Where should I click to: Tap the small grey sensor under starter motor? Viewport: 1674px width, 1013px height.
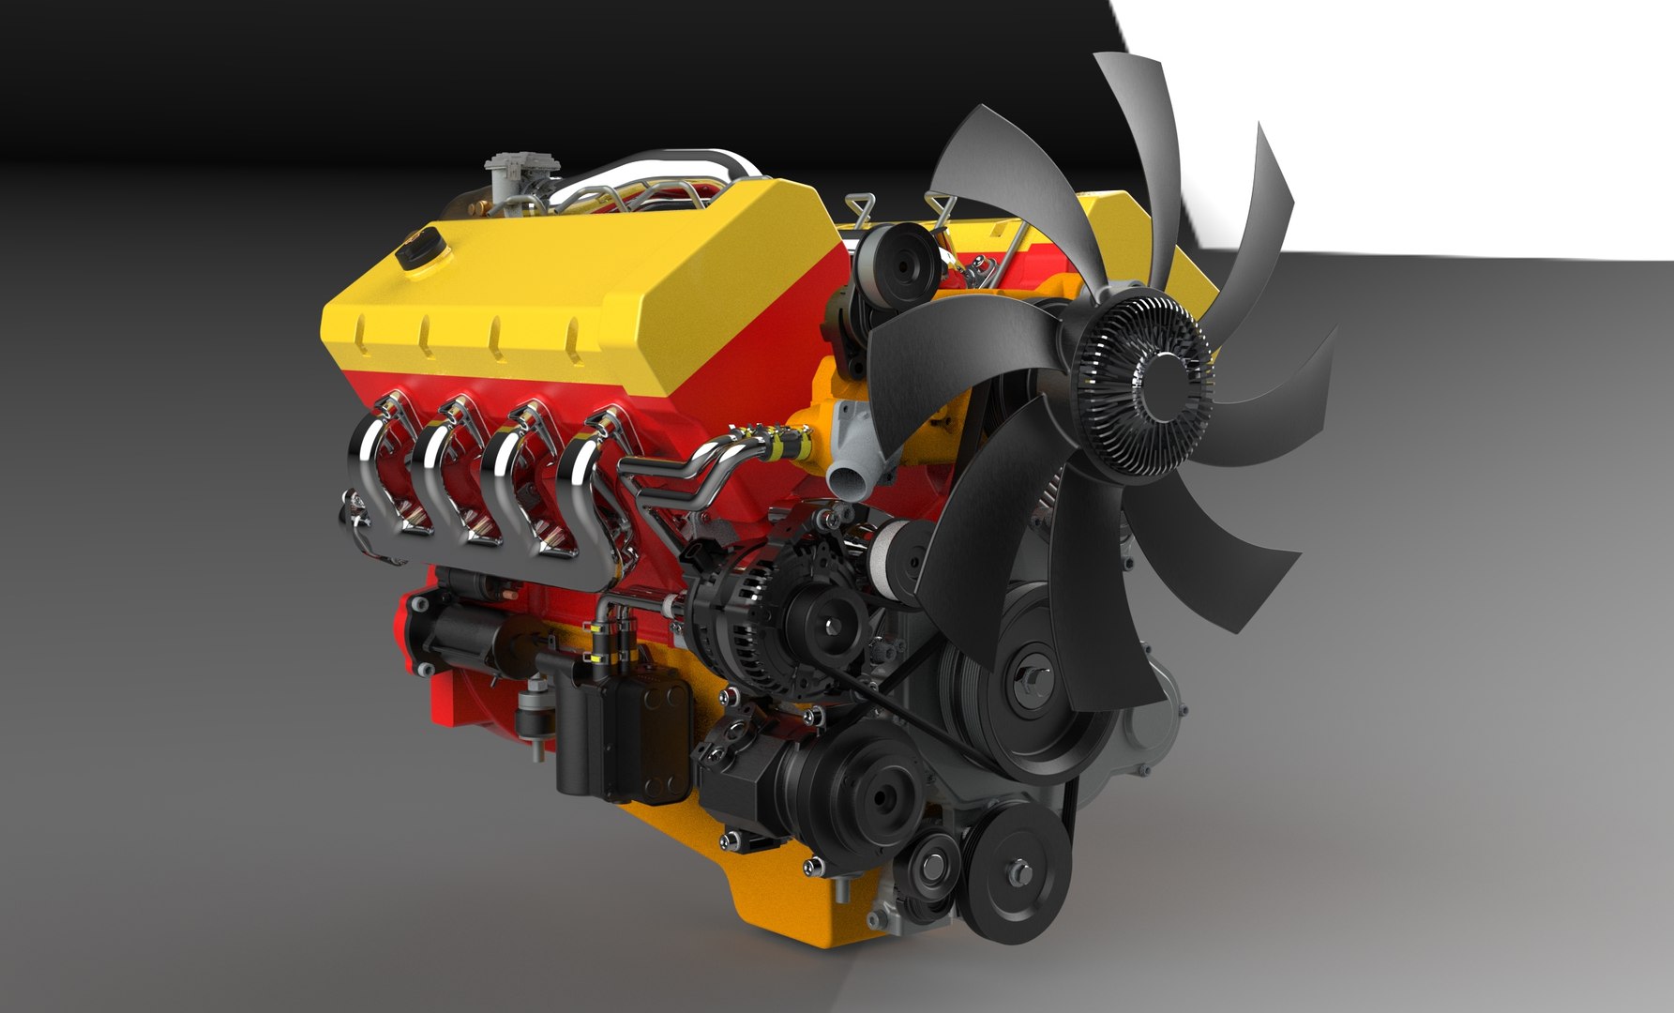pos(535,713)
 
